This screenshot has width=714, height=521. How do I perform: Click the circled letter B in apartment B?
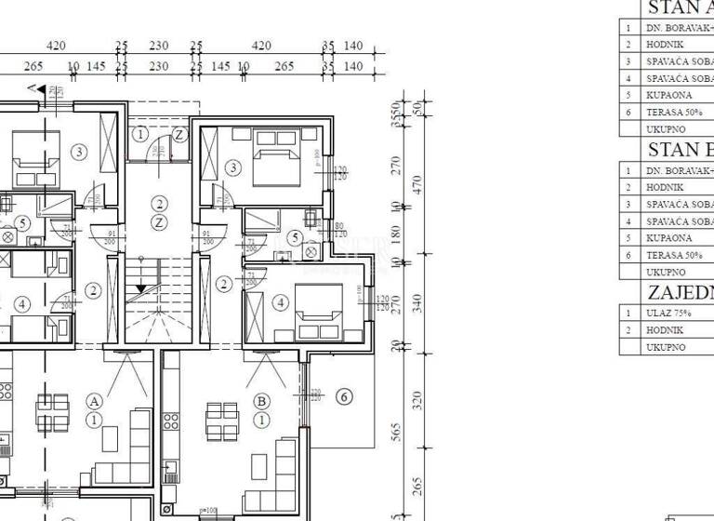click(x=261, y=401)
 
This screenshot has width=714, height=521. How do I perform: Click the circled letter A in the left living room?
click(x=95, y=401)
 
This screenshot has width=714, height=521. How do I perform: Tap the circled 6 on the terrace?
click(x=343, y=397)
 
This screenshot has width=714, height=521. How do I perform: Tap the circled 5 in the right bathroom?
click(x=296, y=238)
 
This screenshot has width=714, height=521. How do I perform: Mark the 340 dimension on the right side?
click(x=417, y=303)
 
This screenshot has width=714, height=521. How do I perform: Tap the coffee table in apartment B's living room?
click(x=262, y=462)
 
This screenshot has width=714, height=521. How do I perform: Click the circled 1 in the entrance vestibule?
click(x=139, y=134)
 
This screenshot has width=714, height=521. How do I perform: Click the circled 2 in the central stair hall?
click(x=160, y=204)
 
